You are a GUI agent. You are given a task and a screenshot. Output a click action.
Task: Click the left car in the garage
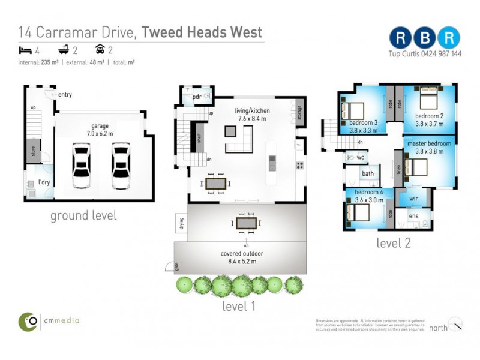pyautogui.click(x=81, y=166)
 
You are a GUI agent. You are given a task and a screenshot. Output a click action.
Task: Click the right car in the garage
pyautogui.click(x=121, y=166)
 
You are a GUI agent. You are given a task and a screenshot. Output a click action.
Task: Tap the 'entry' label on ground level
pyautogui.click(x=65, y=95)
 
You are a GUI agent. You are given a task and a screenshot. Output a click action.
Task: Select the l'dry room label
pyautogui.click(x=43, y=182)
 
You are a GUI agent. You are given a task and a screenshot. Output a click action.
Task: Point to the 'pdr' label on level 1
pyautogui.click(x=196, y=97)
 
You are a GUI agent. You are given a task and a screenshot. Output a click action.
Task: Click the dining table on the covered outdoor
pyautogui.click(x=245, y=223)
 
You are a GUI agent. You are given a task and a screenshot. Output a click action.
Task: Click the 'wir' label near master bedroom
pyautogui.click(x=413, y=197)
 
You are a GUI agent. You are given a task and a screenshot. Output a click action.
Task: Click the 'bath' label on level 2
pyautogui.click(x=367, y=174)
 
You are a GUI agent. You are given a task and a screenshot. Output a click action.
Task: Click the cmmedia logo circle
pyautogui.click(x=28, y=321)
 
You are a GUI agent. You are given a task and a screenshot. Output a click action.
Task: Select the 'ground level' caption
pyautogui.click(x=83, y=215)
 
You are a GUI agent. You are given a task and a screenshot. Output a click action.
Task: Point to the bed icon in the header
pyautogui.click(x=25, y=50)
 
